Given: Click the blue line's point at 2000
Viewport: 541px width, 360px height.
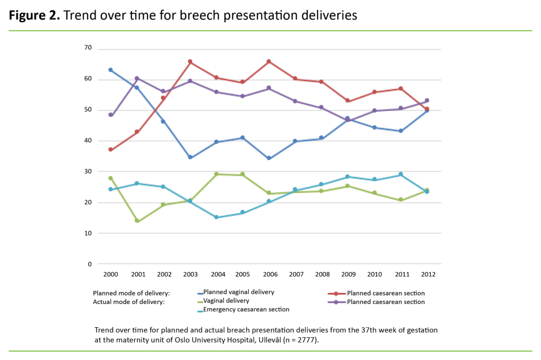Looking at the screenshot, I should (110, 70).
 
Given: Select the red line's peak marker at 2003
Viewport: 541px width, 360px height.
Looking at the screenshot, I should (190, 62).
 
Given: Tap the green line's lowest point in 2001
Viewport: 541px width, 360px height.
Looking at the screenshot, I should (137, 220).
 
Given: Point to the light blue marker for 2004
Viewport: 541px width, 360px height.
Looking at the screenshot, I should (216, 217).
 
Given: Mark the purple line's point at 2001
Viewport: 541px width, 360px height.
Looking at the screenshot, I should (137, 78).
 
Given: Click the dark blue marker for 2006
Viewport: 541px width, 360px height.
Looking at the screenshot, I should (268, 158).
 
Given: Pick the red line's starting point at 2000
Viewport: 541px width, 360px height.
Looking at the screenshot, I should (110, 150).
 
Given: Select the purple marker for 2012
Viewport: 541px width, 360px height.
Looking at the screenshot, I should (427, 100).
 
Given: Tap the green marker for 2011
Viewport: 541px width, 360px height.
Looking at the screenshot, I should (400, 200).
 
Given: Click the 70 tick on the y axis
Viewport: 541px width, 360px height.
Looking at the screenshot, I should (88, 48).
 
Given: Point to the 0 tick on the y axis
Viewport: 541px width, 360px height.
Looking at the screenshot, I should (89, 264).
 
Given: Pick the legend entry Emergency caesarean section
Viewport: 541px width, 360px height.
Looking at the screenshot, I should (246, 309).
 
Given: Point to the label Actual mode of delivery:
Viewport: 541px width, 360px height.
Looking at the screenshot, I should (129, 302).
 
